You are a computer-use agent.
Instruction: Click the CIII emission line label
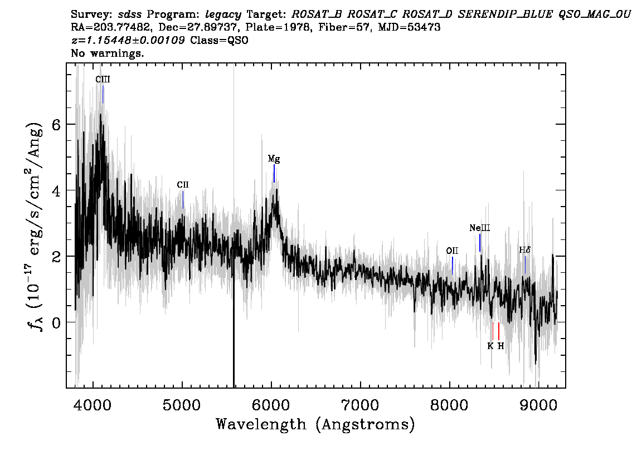(103, 79)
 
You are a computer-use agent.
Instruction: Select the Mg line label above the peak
(274, 159)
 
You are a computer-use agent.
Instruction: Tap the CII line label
(183, 185)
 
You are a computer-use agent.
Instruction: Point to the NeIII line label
(480, 228)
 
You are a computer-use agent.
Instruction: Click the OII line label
(452, 251)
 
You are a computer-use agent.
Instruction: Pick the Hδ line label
(525, 250)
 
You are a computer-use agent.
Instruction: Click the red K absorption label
(490, 346)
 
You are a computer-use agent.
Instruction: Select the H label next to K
(500, 346)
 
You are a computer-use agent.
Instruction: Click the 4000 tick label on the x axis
(93, 405)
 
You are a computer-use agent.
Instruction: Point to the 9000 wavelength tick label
(538, 405)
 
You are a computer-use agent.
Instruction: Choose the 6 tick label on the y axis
(56, 124)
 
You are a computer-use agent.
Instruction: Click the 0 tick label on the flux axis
(56, 322)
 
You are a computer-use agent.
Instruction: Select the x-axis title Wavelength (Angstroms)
(315, 424)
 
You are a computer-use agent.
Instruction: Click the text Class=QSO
(219, 40)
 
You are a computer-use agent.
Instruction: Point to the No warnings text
(107, 53)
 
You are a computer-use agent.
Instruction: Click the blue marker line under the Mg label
(274, 174)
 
